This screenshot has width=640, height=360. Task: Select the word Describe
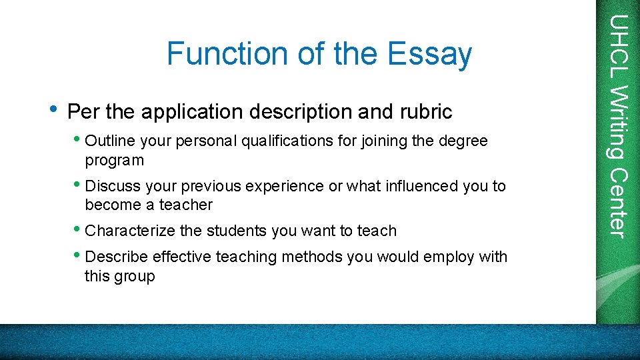pos(117,257)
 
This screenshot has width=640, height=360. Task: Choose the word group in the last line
pos(136,276)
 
